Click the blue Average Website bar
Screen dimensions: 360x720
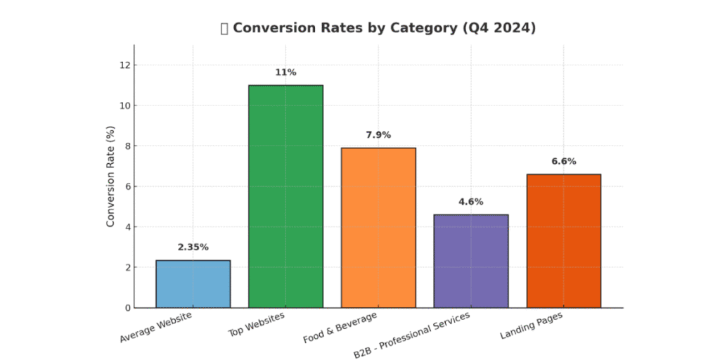[193, 284]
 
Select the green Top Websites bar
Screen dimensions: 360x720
[285, 197]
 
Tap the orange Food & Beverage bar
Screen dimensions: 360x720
[378, 228]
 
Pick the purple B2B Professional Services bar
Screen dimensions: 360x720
[471, 261]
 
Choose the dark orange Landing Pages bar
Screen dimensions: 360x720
[564, 241]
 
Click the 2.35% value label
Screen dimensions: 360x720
[193, 247]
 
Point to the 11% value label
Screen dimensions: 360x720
[285, 72]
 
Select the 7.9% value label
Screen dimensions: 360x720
[378, 134]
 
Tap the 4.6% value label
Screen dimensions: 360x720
[471, 201]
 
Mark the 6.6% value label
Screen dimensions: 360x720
[564, 161]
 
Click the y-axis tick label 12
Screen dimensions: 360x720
[124, 65]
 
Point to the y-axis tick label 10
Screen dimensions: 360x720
[124, 105]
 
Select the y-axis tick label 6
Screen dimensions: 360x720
[127, 186]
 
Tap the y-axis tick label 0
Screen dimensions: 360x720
[127, 308]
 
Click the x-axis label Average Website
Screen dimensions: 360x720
[155, 328]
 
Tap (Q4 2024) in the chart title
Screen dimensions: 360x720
[501, 28]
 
